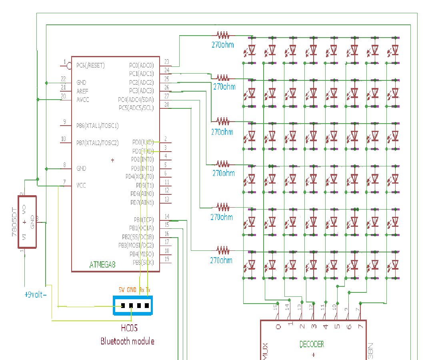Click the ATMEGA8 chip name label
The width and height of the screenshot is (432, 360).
point(102,264)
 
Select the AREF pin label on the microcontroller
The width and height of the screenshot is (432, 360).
point(83,91)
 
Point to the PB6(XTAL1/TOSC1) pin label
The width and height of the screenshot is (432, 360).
point(98,126)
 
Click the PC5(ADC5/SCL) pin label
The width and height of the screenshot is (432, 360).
point(136,108)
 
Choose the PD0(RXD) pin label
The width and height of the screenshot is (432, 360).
point(143,142)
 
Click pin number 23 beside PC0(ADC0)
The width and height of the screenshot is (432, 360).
point(166,62)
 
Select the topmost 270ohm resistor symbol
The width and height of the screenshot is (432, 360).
point(223,35)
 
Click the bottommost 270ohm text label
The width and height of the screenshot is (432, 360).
point(221,260)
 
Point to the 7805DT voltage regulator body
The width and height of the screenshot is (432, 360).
point(27,222)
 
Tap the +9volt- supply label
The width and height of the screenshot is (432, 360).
point(35,295)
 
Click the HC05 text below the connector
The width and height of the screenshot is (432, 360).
point(129,328)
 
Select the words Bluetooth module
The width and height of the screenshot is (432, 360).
point(127,341)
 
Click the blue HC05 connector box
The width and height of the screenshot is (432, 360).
point(133,306)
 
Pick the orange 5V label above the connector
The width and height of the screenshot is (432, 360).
point(122,289)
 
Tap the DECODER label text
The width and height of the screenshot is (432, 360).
point(312,344)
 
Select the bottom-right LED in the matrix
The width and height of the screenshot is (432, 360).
point(395,265)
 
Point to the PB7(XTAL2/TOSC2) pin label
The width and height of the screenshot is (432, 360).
point(98,143)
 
